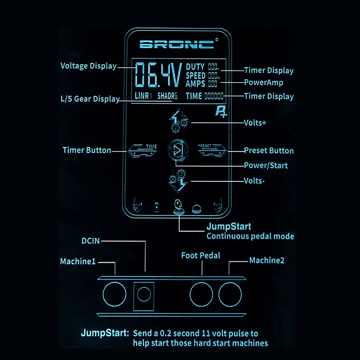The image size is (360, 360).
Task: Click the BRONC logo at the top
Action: pyautogui.click(x=176, y=44)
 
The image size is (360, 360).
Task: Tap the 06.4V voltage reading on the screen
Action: pyautogui.click(x=158, y=76)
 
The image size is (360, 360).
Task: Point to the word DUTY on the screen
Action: pyautogui.click(x=195, y=67)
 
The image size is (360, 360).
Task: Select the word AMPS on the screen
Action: pyautogui.click(x=195, y=84)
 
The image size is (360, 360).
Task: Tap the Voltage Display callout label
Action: pyautogui.click(x=88, y=66)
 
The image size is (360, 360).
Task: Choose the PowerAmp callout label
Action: pyautogui.click(x=264, y=82)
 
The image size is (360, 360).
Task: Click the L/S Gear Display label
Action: pyautogui.click(x=90, y=99)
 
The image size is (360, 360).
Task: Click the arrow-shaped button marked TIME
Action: pyautogui.click(x=142, y=150)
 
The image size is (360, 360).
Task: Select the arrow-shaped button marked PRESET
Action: pyautogui.click(x=212, y=149)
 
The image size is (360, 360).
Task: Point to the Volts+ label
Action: pyautogui.click(x=255, y=123)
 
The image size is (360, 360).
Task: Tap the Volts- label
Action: pyautogui.click(x=254, y=181)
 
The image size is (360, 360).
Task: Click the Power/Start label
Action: pyautogui.click(x=266, y=166)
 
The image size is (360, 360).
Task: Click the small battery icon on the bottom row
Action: pyautogui.click(x=157, y=207)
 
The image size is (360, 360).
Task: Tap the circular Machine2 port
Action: pyautogui.click(x=230, y=295)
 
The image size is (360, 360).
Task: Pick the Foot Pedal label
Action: pyautogui.click(x=201, y=256)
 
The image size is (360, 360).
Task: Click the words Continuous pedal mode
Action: pyautogui.click(x=250, y=237)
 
